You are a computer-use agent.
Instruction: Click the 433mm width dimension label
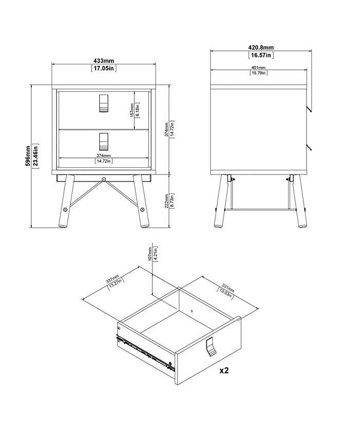tap(104, 60)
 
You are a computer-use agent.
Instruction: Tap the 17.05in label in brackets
tap(104, 67)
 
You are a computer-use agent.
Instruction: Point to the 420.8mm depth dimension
tap(261, 47)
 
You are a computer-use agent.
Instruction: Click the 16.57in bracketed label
tap(261, 55)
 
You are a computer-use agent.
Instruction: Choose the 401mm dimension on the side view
tap(258, 68)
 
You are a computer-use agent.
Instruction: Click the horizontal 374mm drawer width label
tap(104, 155)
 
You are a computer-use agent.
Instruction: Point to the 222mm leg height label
tap(166, 200)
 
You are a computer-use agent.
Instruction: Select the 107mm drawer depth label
tap(149, 253)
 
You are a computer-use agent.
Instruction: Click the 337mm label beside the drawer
tap(112, 280)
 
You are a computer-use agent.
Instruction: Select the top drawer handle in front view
tap(103, 103)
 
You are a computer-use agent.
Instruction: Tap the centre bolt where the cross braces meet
tap(104, 180)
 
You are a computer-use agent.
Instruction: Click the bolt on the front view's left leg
tap(65, 210)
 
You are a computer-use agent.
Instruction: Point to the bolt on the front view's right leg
tap(142, 210)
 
